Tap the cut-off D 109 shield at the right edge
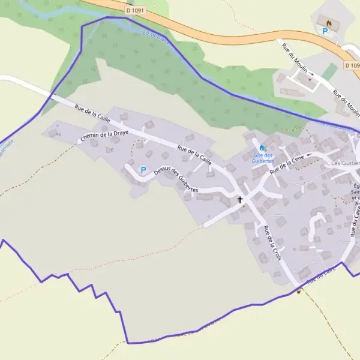(x=352, y=64)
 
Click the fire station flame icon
(x=328, y=22)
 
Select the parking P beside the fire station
(x=325, y=31)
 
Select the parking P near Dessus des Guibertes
(x=143, y=170)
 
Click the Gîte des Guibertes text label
(x=263, y=158)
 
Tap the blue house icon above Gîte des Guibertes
(x=262, y=148)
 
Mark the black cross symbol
(x=241, y=199)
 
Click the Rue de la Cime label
(x=287, y=164)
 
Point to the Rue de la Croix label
(x=272, y=242)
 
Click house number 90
(x=58, y=134)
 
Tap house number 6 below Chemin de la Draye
(x=112, y=149)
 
